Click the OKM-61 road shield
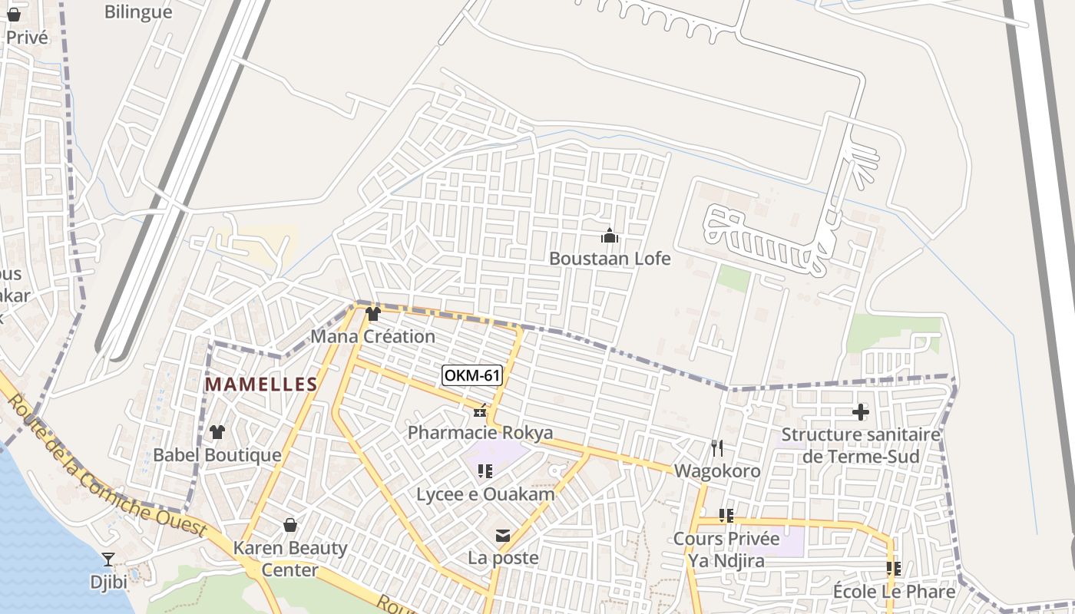tap(473, 375)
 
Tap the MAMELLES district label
tap(261, 385)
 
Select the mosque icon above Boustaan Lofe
tap(610, 236)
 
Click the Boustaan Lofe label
tap(610, 259)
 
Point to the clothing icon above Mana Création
tap(373, 314)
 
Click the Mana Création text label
tap(372, 336)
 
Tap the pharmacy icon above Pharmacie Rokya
tap(480, 412)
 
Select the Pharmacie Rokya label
tap(480, 433)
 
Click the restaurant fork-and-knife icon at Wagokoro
tap(717, 448)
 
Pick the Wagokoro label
tap(717, 471)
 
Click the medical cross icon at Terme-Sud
tap(861, 412)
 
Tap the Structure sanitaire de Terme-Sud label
tap(861, 446)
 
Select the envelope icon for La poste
tap(503, 536)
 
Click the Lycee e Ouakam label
tap(485, 494)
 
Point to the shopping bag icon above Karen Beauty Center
tap(290, 525)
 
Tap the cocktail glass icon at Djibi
tap(108, 559)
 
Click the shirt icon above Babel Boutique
tap(217, 432)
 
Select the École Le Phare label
tap(894, 592)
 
